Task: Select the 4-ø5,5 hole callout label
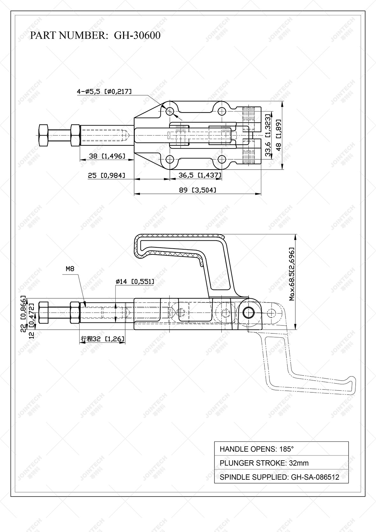104,91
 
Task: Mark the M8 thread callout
70,269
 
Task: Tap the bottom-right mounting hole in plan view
221,159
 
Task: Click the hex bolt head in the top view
43,135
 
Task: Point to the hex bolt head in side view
43,312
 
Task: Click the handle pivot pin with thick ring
249,313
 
